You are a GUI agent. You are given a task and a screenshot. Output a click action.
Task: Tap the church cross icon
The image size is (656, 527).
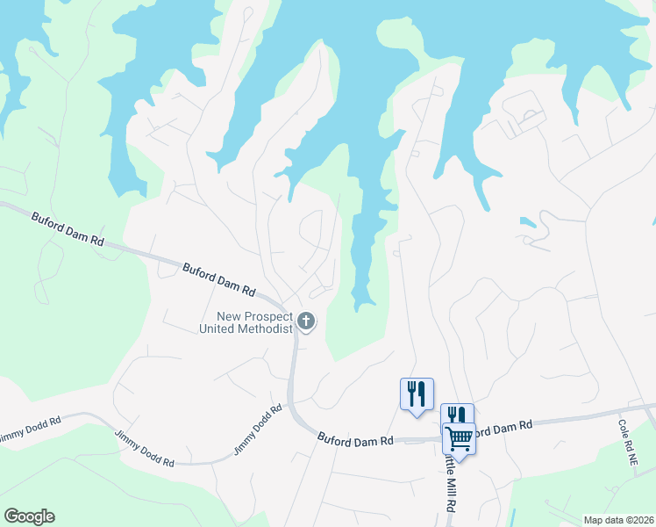click(x=306, y=322)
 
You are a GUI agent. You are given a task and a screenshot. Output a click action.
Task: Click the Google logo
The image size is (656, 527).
click(x=29, y=516)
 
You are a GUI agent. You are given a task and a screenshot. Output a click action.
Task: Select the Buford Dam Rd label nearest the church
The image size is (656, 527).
click(x=218, y=278)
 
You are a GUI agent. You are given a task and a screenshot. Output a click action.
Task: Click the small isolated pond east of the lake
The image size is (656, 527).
click(x=527, y=222)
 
